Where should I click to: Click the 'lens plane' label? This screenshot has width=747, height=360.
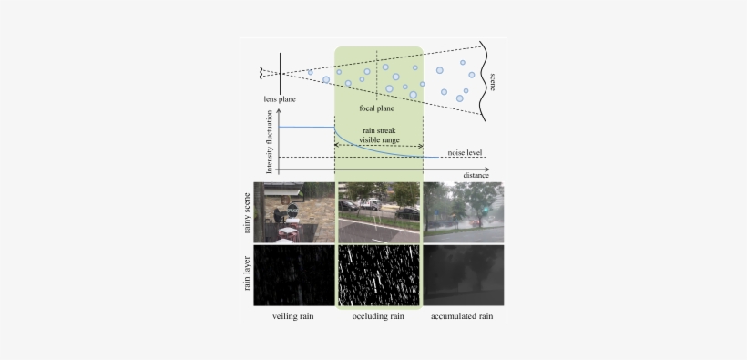click(278, 98)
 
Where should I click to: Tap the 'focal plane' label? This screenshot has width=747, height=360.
click(376, 108)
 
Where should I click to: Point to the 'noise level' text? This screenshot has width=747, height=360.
click(465, 152)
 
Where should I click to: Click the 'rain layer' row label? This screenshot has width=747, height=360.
click(247, 274)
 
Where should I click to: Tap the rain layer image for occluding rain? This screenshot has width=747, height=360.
click(378, 274)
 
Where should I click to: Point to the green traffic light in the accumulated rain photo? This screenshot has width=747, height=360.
click(486, 210)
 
